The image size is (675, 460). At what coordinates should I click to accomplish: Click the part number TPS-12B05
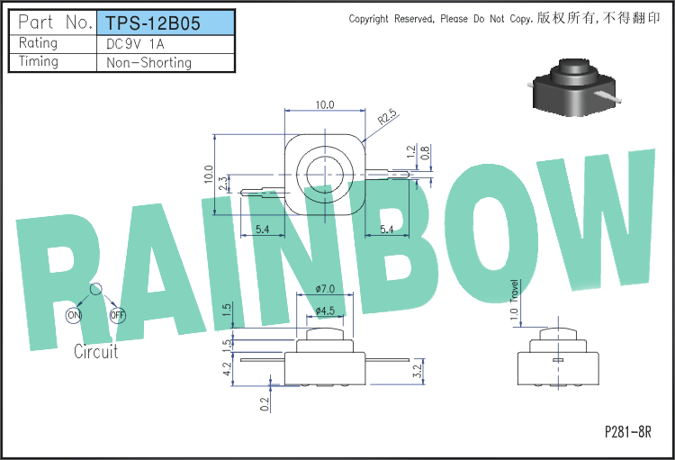coord(153,23)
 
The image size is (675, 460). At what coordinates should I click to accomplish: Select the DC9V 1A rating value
coord(135,44)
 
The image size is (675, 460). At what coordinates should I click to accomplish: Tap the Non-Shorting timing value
coord(148,63)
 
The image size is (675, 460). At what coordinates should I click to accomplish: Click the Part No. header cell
coord(55,22)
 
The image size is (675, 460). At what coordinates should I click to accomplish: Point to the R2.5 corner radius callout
coord(387,116)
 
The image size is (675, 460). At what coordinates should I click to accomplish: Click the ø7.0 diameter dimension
coord(325,289)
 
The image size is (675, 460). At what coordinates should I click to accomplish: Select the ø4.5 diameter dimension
coord(325,311)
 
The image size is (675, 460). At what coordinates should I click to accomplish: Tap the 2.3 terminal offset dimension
coord(223,184)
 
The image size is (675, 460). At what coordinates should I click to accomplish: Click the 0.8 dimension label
coord(425,153)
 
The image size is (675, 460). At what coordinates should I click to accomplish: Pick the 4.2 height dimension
coord(228,369)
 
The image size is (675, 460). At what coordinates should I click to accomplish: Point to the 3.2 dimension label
coord(417,371)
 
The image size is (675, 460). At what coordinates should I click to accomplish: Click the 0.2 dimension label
coord(265,404)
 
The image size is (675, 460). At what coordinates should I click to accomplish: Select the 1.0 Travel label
coord(514,300)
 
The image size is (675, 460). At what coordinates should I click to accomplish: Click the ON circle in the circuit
coord(74,315)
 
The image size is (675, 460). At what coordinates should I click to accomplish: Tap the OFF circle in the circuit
coord(118,315)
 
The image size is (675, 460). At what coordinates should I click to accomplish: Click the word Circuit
coord(95,351)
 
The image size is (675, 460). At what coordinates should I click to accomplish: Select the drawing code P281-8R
coord(627,431)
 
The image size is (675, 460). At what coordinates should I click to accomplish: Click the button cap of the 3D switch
coord(575,69)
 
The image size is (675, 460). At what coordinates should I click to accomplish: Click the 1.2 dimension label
coord(411,151)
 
